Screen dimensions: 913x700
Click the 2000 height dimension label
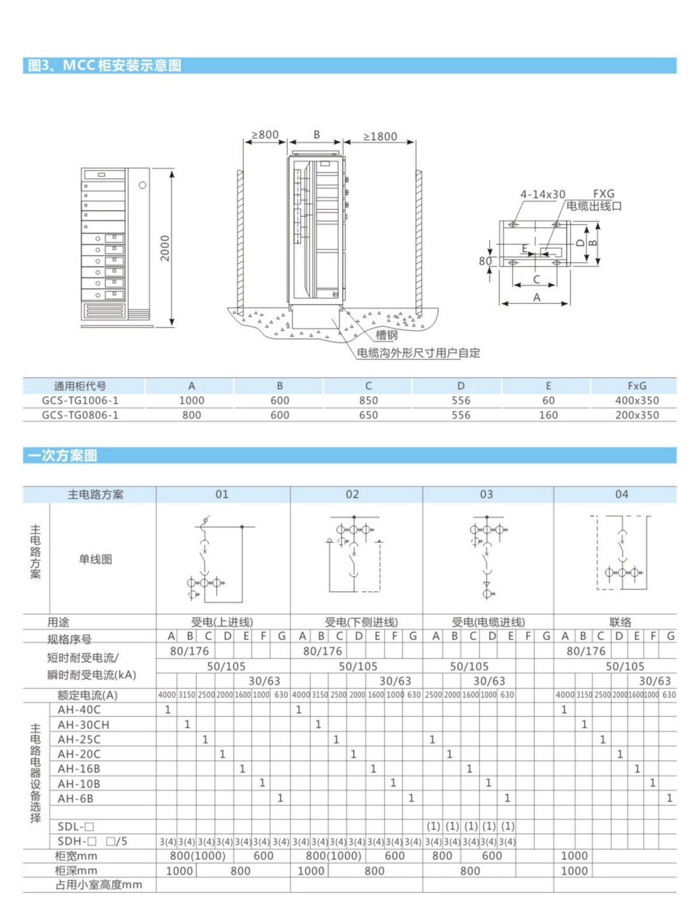point(165,248)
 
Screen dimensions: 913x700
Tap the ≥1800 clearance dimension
point(380,136)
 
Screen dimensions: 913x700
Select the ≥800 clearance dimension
point(265,135)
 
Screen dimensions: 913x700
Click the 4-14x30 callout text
point(542,194)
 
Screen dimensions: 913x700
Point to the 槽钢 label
point(386,335)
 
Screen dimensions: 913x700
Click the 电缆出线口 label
point(594,206)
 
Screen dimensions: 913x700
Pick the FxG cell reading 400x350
point(636,400)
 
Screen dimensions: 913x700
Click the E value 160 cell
point(548,415)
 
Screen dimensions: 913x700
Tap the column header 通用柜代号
point(80,386)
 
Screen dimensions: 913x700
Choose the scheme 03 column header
point(487,494)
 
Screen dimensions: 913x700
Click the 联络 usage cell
point(620,622)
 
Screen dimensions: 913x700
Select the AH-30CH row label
point(83,725)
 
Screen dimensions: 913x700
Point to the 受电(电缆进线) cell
point(488,622)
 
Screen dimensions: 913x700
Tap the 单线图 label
point(95,559)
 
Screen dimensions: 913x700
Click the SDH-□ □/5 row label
point(92,841)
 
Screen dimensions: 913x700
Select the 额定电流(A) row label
point(87,695)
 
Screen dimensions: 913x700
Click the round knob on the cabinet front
point(142,185)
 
